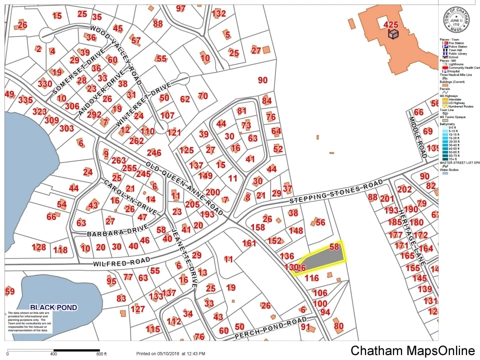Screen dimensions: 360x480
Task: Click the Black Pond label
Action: (53, 307)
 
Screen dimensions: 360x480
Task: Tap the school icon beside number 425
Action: (393, 33)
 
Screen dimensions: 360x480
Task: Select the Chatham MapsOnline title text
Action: (412, 350)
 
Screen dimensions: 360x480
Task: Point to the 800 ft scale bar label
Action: (101, 354)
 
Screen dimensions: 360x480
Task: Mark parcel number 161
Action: (249, 243)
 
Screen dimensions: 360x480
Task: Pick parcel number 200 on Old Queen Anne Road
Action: (213, 192)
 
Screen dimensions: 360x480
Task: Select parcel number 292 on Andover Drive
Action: (94, 114)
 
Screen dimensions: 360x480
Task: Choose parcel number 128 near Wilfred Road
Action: (38, 247)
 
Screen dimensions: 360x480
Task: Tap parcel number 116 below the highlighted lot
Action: (311, 278)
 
